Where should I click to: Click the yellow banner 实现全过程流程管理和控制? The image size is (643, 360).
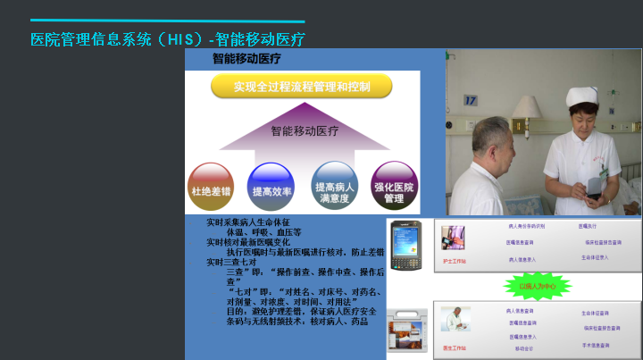click(x=301, y=87)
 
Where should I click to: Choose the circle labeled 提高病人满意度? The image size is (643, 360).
click(x=335, y=188)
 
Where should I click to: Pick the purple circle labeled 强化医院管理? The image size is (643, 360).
click(x=394, y=188)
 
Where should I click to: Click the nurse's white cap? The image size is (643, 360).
click(x=582, y=96)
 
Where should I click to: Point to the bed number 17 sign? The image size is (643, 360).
click(x=471, y=101)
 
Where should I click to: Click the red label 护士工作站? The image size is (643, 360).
click(x=455, y=261)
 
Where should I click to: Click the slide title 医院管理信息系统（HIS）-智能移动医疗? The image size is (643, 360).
click(x=168, y=39)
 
